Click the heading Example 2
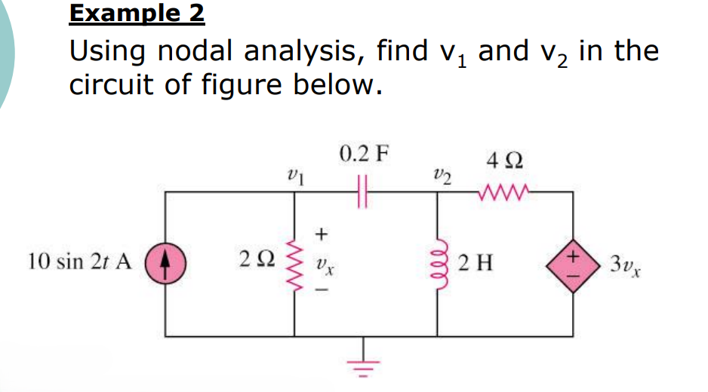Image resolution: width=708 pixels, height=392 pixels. click(x=137, y=13)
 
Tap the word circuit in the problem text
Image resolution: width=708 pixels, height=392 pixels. click(x=111, y=84)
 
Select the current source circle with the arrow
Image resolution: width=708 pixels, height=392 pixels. click(x=166, y=262)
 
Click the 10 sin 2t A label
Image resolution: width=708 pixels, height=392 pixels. click(x=79, y=262)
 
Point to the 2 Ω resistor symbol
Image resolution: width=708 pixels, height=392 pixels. click(x=294, y=262)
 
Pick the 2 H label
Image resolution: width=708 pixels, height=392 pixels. click(x=476, y=263)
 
